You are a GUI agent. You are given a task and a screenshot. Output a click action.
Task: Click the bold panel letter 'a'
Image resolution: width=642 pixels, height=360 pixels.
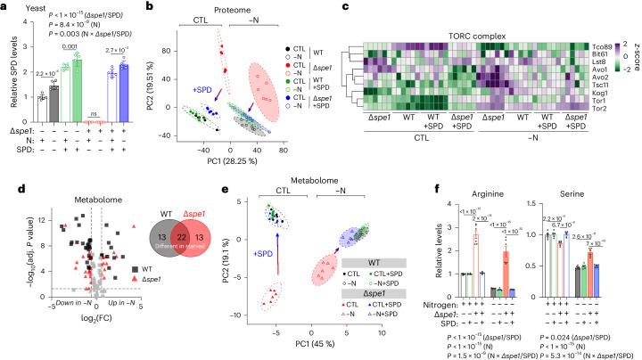[4, 6]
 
